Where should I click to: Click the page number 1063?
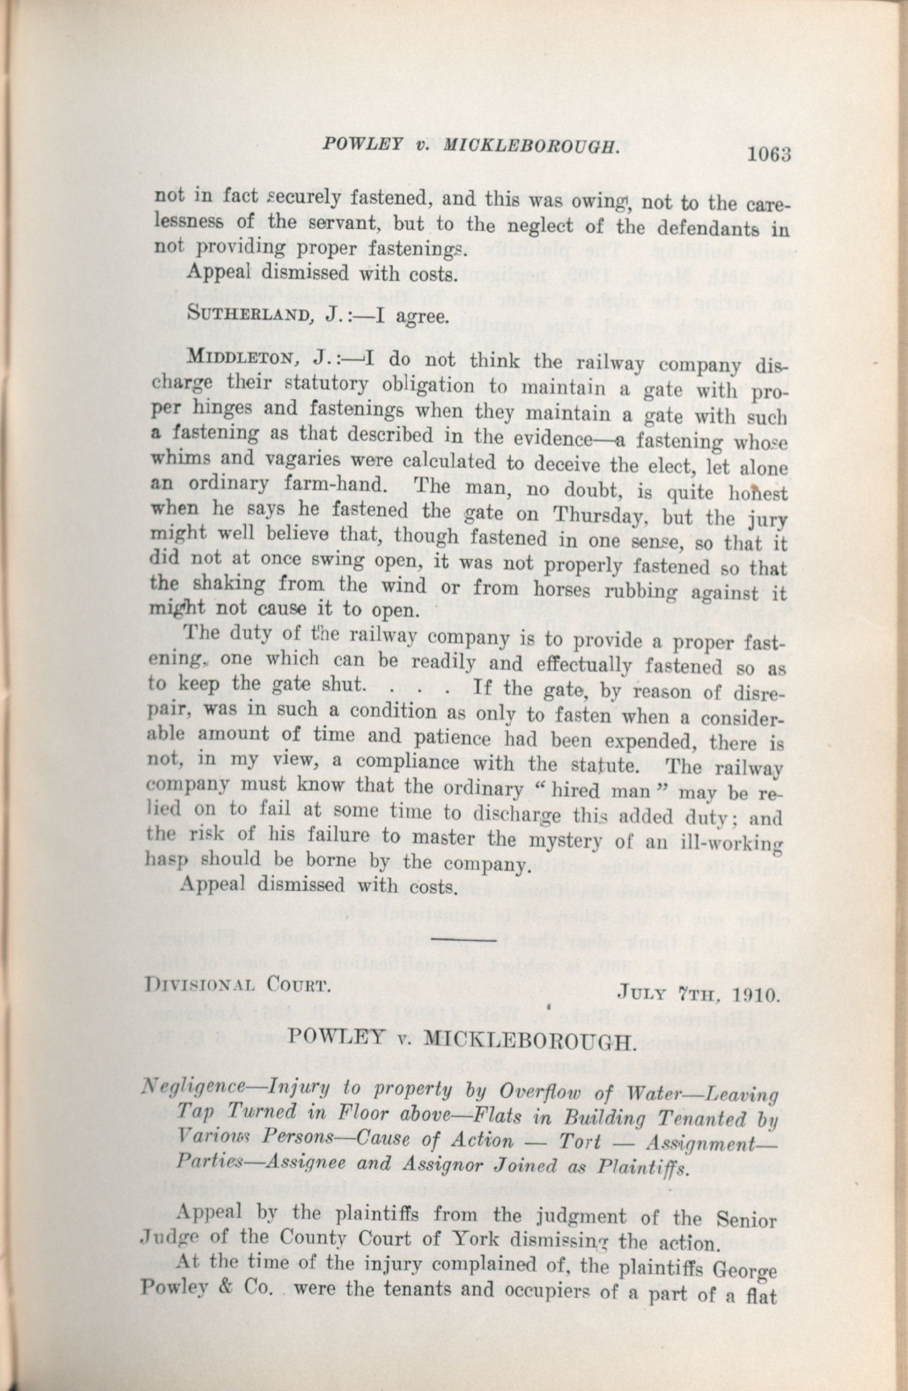coord(768,155)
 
